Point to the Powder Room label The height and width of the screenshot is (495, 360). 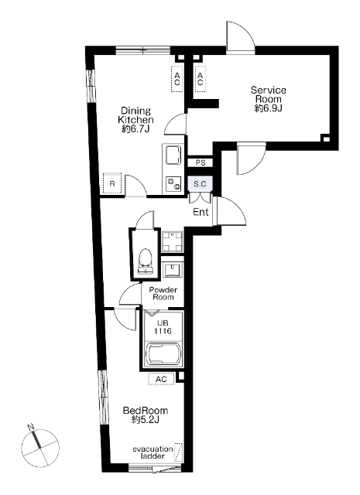[x=163, y=293]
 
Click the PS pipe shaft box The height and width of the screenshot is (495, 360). [x=201, y=162]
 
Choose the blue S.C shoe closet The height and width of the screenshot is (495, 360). [x=200, y=184]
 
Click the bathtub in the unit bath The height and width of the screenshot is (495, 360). [x=163, y=354]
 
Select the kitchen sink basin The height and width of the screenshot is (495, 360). [x=173, y=155]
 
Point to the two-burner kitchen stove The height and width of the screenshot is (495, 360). [x=173, y=184]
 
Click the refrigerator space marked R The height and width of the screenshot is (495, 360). [x=112, y=183]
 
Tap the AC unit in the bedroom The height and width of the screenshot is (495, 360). [x=161, y=379]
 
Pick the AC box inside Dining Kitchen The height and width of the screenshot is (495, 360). [x=177, y=79]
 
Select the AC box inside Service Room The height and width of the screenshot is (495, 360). [x=200, y=79]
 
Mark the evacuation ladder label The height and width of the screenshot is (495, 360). [x=153, y=452]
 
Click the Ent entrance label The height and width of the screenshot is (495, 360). [x=201, y=212]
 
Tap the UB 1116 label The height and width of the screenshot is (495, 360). [x=163, y=327]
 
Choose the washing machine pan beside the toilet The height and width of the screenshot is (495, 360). [x=172, y=242]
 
